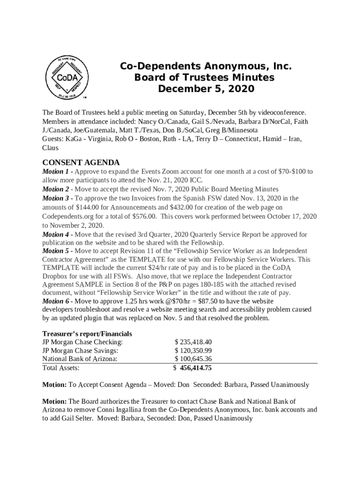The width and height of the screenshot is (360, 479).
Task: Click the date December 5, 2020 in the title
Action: click(x=206, y=88)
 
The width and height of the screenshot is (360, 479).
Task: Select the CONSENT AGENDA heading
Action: click(x=81, y=163)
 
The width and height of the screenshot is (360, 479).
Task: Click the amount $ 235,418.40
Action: click(x=193, y=342)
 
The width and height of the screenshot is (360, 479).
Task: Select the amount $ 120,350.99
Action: click(x=193, y=350)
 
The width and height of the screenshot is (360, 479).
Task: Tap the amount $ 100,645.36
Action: click(x=193, y=359)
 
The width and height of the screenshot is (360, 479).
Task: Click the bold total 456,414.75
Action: click(x=196, y=368)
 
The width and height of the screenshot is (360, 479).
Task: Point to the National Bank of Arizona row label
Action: click(x=79, y=359)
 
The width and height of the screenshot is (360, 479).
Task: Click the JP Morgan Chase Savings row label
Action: click(x=80, y=350)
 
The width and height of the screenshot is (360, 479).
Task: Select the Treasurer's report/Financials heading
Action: click(x=87, y=334)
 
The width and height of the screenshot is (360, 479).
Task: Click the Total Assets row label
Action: click(x=61, y=368)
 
